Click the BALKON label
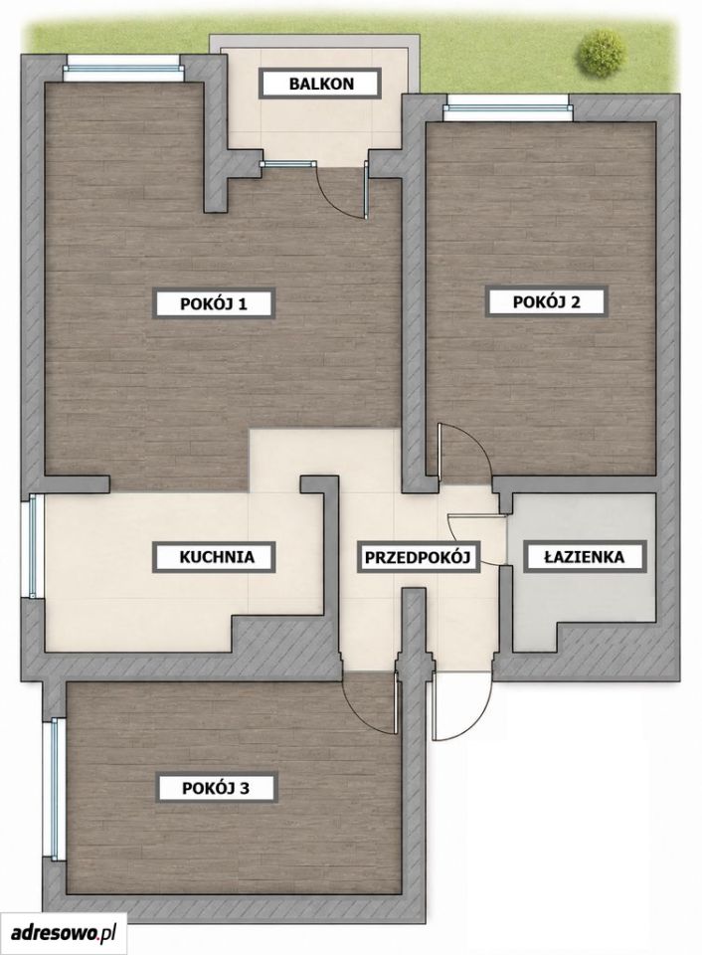point(321,84)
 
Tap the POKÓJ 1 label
point(213,303)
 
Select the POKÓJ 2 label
point(546,301)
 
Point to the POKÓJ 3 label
point(216,788)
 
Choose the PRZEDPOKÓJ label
point(419,557)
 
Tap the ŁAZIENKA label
point(584,556)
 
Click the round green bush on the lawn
point(602,53)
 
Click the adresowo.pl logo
point(64,932)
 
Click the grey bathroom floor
point(584,591)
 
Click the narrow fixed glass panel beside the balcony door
point(286,164)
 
